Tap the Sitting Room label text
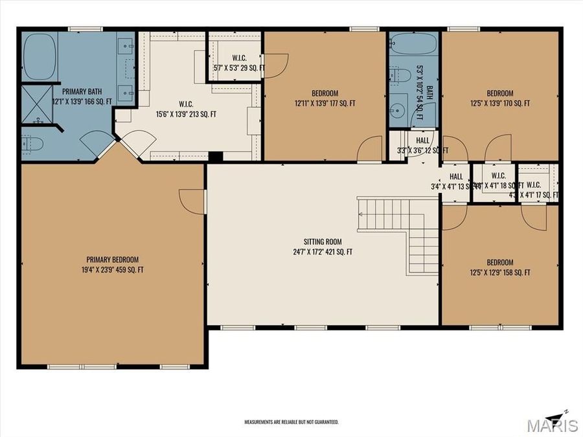tap(323, 247)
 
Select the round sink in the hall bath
tap(397, 109)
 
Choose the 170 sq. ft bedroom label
tap(500, 98)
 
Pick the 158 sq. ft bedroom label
tap(500, 267)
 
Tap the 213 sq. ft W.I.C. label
tap(186, 109)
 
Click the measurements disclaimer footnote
tap(291, 421)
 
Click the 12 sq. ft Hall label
tap(422, 146)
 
